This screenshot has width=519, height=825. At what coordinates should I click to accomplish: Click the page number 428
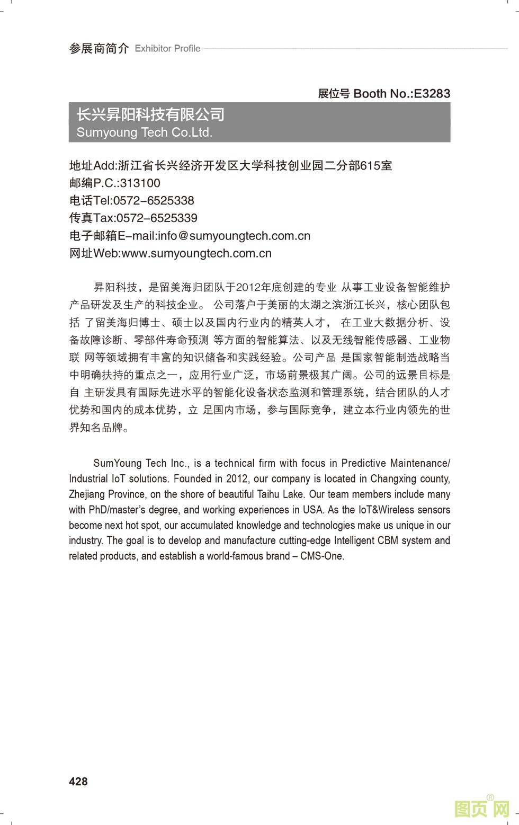(x=78, y=782)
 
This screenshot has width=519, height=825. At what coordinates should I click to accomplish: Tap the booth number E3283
(x=432, y=94)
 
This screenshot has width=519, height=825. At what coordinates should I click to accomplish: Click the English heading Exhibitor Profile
(x=167, y=49)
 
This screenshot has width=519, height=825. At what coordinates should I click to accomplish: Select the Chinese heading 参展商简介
(x=99, y=49)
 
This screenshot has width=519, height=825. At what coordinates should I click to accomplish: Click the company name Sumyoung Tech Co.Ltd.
(x=144, y=132)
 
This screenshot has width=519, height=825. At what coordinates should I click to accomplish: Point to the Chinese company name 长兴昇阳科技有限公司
(x=150, y=114)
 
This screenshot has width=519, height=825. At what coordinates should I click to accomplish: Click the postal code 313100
(x=140, y=183)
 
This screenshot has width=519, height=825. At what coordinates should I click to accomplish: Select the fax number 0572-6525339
(x=157, y=218)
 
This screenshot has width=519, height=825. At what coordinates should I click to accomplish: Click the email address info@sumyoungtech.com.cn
(x=234, y=236)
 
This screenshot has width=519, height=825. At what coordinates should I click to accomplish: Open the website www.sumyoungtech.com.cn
(x=196, y=253)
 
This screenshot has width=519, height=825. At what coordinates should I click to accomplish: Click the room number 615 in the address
(x=370, y=166)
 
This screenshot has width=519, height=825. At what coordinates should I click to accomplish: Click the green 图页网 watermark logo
(x=482, y=808)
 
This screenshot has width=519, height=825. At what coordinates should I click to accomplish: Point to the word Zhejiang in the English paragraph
(x=87, y=494)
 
